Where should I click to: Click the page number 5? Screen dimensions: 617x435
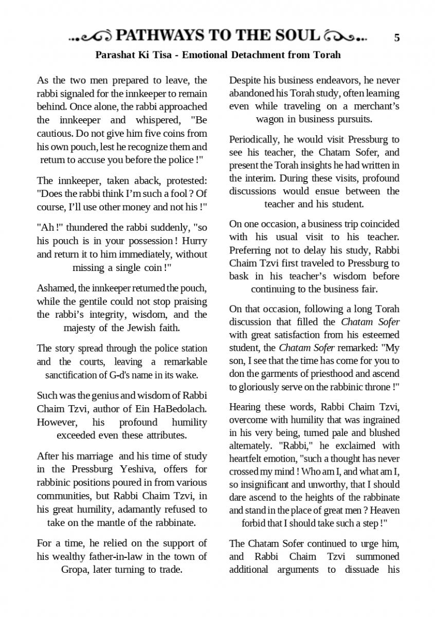pos(397,38)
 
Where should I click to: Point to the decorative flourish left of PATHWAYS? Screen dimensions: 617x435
pos(91,37)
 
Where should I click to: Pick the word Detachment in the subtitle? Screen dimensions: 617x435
pos(259,55)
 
